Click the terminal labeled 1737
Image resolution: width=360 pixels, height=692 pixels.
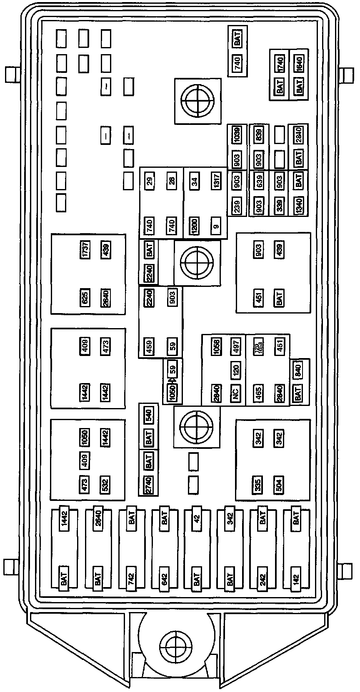(85, 250)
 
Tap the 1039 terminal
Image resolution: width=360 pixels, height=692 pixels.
(237, 135)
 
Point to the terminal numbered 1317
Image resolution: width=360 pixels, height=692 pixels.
(215, 181)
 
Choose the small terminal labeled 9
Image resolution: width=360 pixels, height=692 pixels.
(215, 226)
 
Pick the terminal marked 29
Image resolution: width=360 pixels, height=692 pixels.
(150, 181)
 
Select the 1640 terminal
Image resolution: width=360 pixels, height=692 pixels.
(299, 64)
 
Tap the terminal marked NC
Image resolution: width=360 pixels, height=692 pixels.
(235, 392)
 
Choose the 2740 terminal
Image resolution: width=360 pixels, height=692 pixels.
(149, 484)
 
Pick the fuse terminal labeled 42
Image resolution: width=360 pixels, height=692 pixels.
(197, 519)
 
